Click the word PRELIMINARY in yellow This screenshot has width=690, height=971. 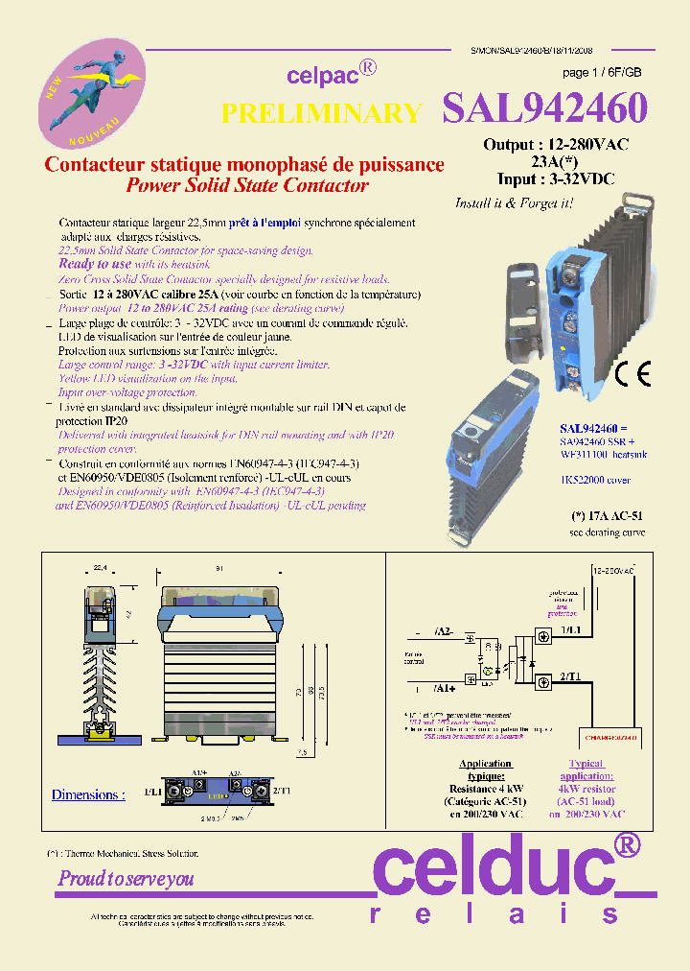[321, 113]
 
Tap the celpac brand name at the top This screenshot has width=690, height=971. [321, 76]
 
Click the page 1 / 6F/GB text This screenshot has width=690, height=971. [602, 73]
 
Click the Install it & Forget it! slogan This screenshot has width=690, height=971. [514, 203]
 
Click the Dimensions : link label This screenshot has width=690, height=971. [88, 794]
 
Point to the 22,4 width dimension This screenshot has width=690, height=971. [100, 568]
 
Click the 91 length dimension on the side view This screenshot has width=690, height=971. [220, 568]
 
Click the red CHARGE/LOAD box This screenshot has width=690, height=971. [610, 737]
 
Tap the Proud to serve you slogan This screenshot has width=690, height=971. [126, 878]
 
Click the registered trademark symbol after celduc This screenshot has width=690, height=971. [626, 844]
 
